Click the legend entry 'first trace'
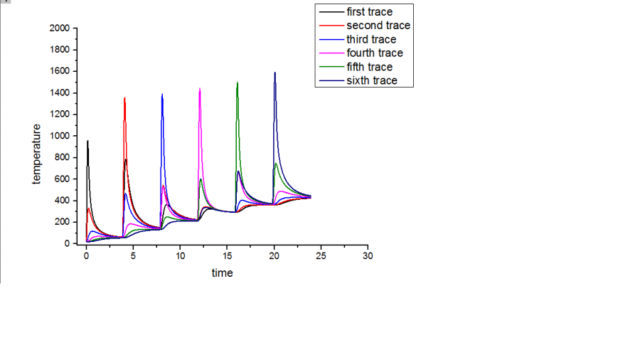coord(369,12)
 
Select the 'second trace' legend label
coord(378,26)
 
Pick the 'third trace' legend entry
coord(371,39)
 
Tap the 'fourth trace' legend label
coord(375,53)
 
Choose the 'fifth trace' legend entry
coord(369,67)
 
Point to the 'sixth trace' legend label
coord(372,80)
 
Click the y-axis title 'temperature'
coord(36,154)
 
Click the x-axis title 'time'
coord(222,273)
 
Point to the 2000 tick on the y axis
coord(60,28)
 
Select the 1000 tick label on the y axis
coord(60,136)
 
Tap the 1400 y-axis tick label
coord(60,93)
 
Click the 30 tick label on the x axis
coord(368,255)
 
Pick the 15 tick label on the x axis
coord(227,255)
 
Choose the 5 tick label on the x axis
coord(133,255)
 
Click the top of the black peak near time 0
coord(87,141)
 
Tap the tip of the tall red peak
coord(124,98)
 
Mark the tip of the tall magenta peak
coord(200,89)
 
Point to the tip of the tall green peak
coord(237,83)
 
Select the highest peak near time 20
coord(274,73)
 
